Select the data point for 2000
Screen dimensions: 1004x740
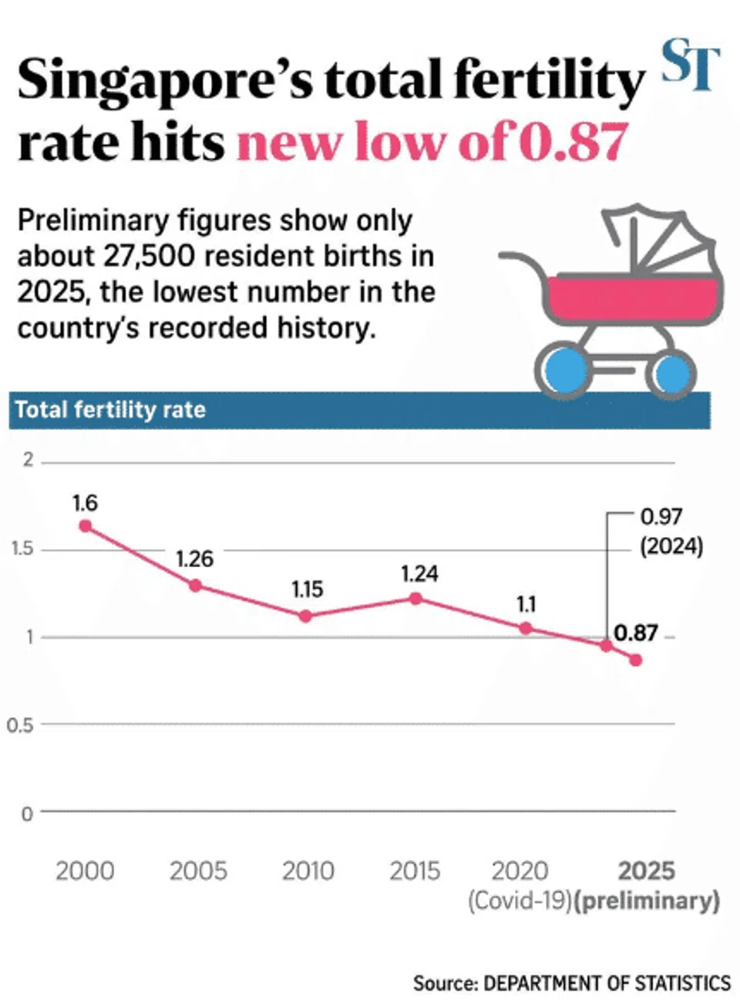click(x=86, y=526)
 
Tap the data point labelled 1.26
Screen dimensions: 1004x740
click(x=195, y=586)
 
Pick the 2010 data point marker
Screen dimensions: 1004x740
click(x=306, y=616)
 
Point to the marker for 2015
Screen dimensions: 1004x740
click(x=415, y=598)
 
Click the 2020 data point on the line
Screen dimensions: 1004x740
click(x=526, y=628)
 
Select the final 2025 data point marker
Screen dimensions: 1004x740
click(x=636, y=660)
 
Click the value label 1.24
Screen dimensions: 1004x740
click(x=419, y=574)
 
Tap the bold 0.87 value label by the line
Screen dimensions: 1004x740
click(x=636, y=633)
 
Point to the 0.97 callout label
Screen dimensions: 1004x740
click(x=661, y=517)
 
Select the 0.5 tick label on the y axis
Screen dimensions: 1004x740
click(x=20, y=725)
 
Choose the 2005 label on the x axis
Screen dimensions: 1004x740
click(x=198, y=871)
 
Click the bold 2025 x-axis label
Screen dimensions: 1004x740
click(x=646, y=871)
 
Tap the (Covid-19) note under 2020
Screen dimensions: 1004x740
click(x=520, y=901)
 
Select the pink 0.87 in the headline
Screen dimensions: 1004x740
click(x=571, y=143)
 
